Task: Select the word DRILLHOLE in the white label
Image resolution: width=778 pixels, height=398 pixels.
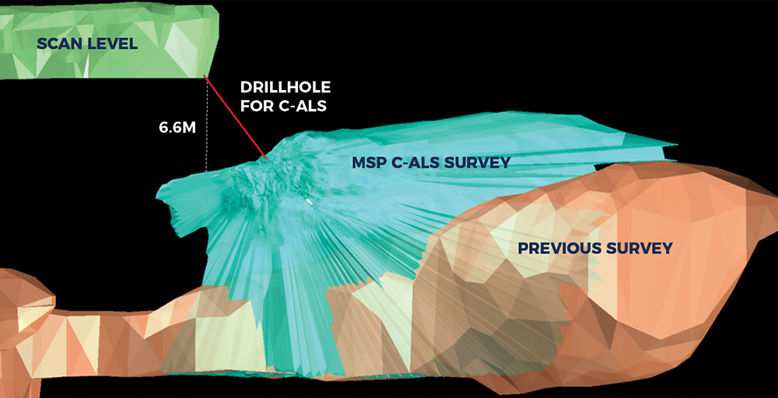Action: [286, 88]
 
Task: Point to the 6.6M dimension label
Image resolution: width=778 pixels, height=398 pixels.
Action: [177, 128]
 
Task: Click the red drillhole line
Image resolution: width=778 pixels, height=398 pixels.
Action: [237, 118]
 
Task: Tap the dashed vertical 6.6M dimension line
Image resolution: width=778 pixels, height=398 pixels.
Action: [206, 125]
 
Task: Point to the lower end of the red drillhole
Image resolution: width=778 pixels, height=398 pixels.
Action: [268, 159]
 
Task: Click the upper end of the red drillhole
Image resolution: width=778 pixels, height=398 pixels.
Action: [205, 76]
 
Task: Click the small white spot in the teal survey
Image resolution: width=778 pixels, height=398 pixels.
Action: [309, 201]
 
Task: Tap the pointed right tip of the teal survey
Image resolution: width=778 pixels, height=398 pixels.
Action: [677, 145]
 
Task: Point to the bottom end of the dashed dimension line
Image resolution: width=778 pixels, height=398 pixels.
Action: [206, 172]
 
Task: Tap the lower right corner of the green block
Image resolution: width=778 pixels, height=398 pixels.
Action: [205, 77]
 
